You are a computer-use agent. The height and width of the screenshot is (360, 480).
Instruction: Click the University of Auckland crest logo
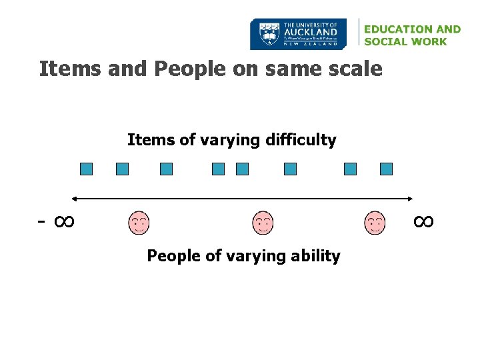[269, 34]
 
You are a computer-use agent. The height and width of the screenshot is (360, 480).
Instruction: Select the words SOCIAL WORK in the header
[405, 41]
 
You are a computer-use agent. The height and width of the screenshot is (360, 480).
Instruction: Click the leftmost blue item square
[86, 169]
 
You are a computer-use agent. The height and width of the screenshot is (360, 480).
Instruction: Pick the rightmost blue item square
[386, 169]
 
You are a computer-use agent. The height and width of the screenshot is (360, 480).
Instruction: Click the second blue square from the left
[122, 169]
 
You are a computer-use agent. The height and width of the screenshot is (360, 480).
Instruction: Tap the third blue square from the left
[166, 169]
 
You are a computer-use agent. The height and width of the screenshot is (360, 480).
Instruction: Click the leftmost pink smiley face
[139, 223]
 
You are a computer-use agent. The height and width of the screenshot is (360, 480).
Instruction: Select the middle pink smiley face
[263, 223]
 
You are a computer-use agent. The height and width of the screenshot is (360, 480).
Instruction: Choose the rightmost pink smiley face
[375, 223]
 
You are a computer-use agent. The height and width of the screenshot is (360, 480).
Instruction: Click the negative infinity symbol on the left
[57, 221]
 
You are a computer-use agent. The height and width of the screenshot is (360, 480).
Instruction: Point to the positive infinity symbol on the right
[423, 221]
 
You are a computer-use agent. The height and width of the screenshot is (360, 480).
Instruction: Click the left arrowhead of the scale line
[75, 199]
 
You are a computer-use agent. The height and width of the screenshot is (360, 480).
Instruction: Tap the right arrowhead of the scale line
[411, 199]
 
